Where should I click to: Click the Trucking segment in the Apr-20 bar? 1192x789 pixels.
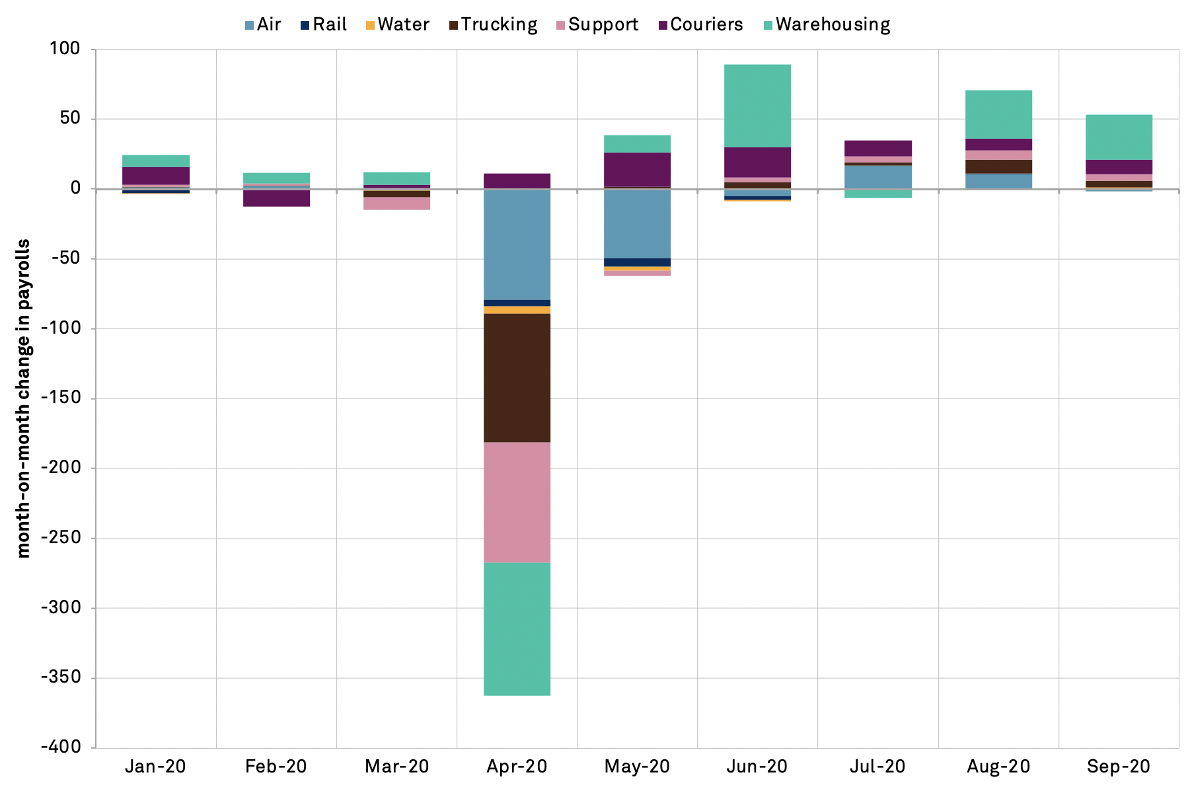pyautogui.click(x=517, y=377)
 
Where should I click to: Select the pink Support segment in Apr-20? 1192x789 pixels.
pyautogui.click(x=517, y=502)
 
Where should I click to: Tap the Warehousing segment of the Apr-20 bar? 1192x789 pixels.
pyautogui.click(x=517, y=628)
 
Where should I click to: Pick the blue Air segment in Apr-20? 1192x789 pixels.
pyautogui.click(x=517, y=244)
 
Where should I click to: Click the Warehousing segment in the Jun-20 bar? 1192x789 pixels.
pyautogui.click(x=757, y=106)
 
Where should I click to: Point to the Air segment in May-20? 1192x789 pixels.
pyautogui.click(x=637, y=223)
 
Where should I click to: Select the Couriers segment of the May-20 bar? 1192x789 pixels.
pyautogui.click(x=637, y=170)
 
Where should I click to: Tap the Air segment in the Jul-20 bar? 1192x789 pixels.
pyautogui.click(x=877, y=177)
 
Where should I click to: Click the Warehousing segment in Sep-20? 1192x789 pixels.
pyautogui.click(x=1118, y=137)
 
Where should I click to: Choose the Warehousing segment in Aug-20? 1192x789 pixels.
pyautogui.click(x=998, y=114)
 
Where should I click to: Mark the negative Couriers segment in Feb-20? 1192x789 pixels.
pyautogui.click(x=276, y=198)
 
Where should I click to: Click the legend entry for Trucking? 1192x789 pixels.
pyautogui.click(x=493, y=25)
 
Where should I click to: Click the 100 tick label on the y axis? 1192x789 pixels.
pyautogui.click(x=65, y=49)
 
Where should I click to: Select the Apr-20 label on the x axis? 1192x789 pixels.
pyautogui.click(x=517, y=767)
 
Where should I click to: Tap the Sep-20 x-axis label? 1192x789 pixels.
pyautogui.click(x=1118, y=767)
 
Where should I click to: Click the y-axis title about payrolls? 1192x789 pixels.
pyautogui.click(x=24, y=398)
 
